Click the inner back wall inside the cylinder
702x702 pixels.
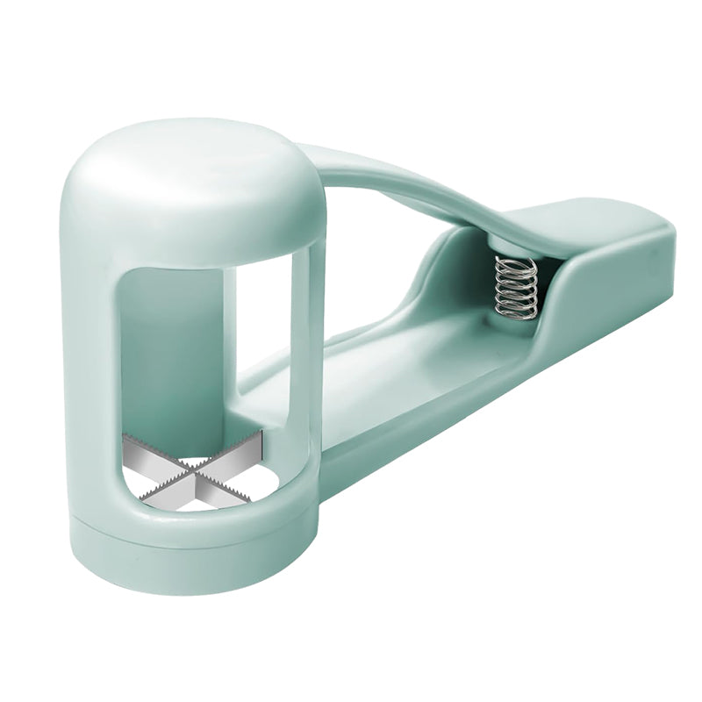tap(175, 351)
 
